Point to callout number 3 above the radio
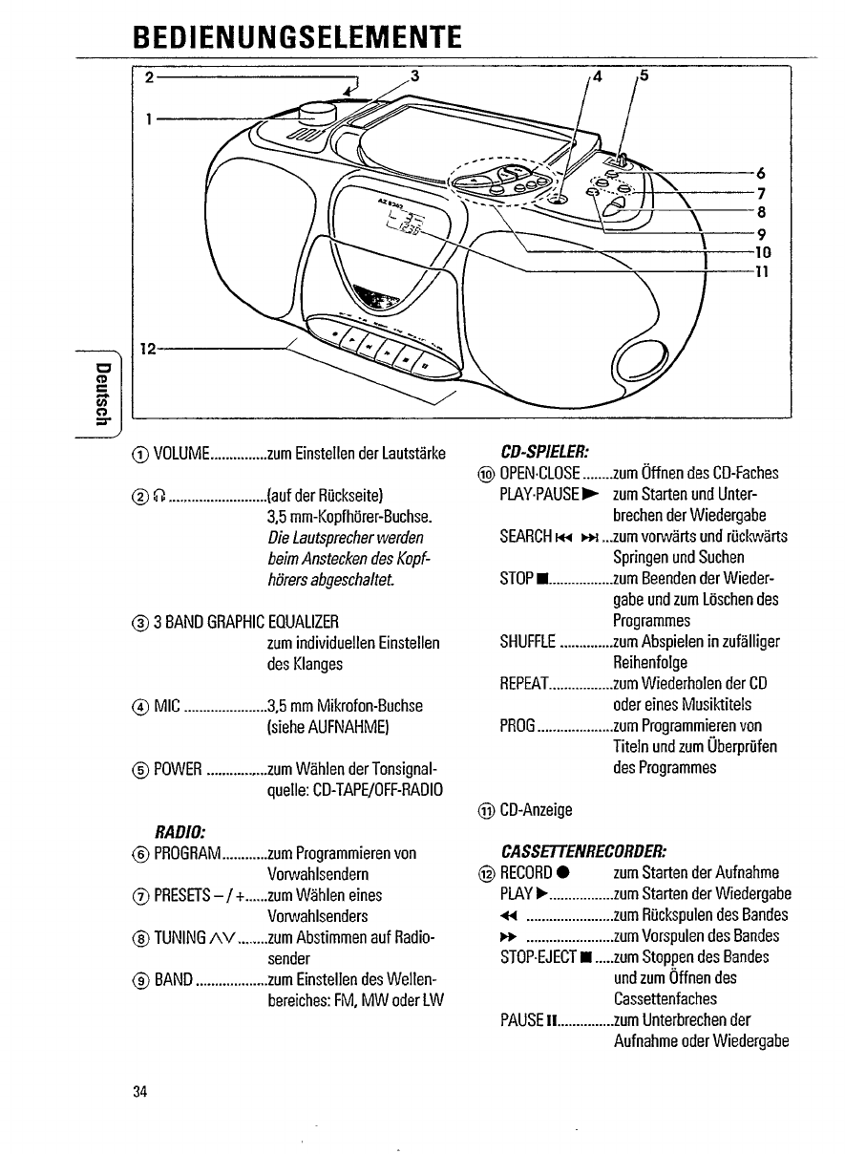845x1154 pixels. tap(413, 75)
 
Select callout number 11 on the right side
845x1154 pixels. tap(762, 270)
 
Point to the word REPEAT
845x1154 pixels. tap(524, 683)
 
